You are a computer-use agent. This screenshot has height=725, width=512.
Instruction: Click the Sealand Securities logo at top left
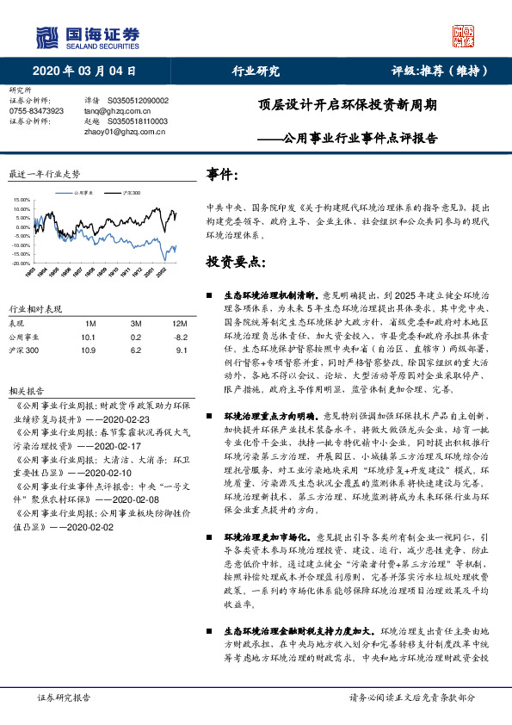(87, 35)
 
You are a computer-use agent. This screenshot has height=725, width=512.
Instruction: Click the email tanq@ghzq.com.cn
(113, 111)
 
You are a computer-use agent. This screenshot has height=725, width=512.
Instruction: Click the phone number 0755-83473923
(36, 111)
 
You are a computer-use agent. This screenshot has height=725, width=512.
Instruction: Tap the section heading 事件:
(222, 175)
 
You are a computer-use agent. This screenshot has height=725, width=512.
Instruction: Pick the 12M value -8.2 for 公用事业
(180, 338)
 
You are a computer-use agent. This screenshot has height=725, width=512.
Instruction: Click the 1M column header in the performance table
(90, 323)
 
